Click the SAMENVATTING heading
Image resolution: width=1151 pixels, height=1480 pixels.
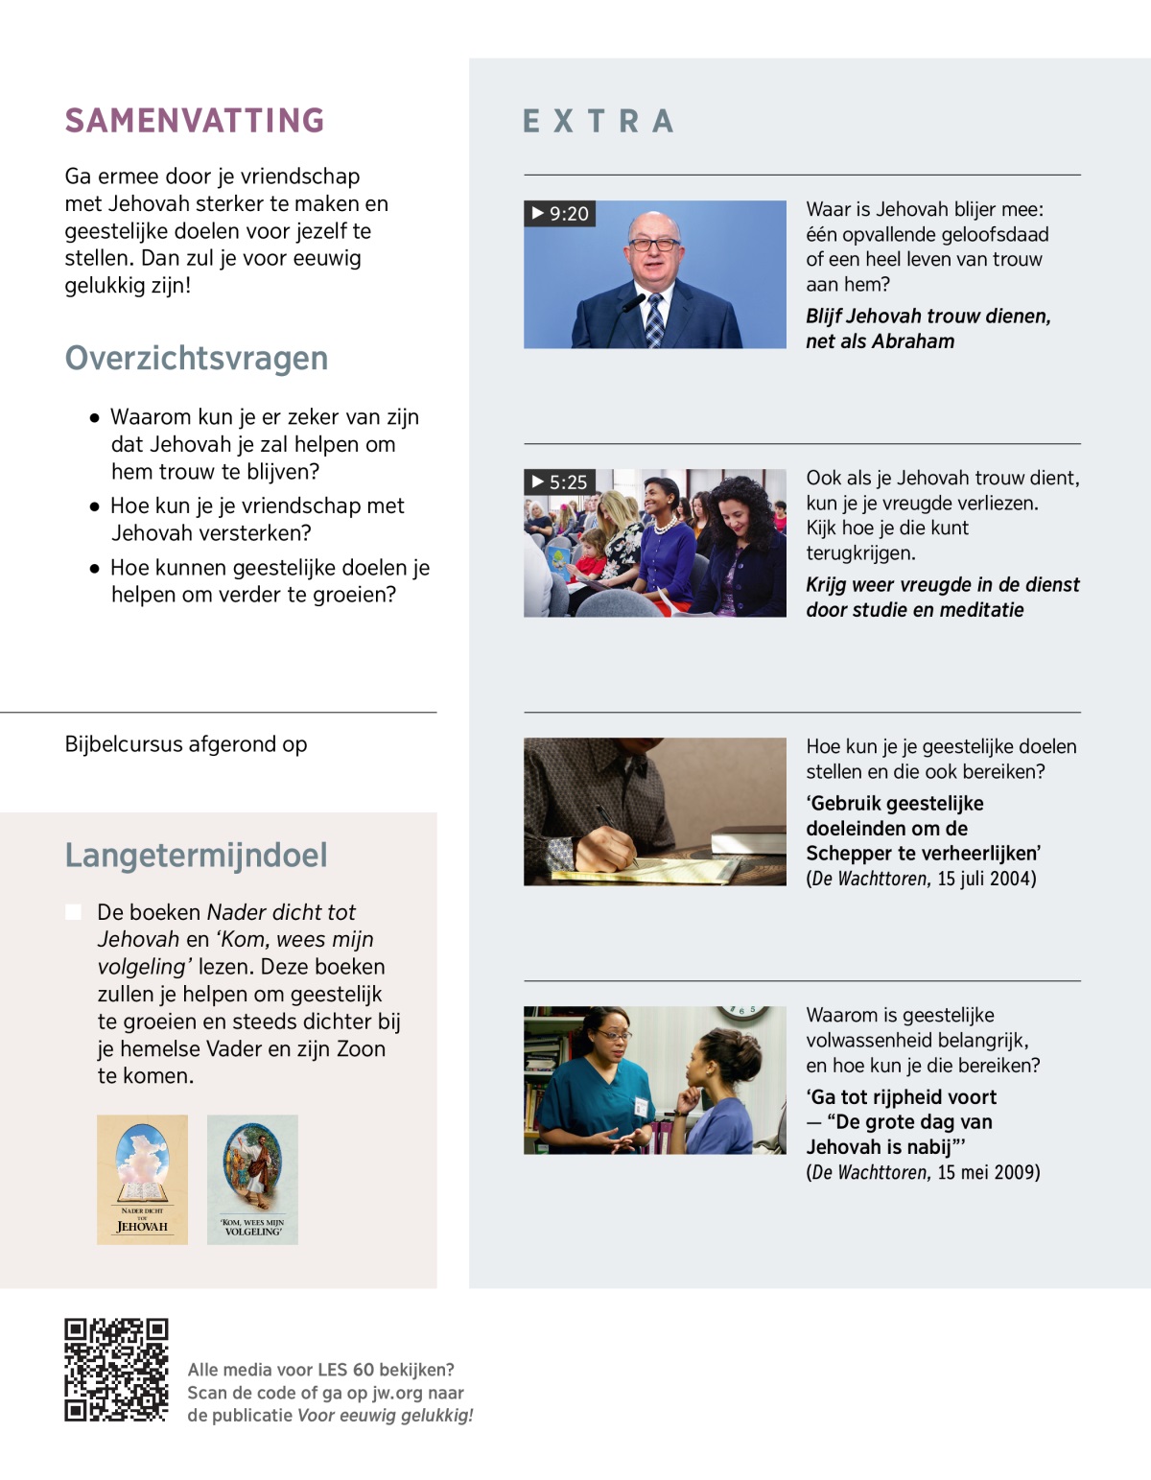[x=195, y=121]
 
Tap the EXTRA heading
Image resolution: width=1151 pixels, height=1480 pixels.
[x=599, y=122]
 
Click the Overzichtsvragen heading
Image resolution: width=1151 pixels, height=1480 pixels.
[x=197, y=358]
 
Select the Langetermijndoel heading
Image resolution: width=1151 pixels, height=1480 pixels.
[x=197, y=855]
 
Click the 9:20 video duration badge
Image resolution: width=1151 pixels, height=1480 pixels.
[x=560, y=213]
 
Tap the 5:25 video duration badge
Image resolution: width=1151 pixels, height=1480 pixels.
[x=560, y=482]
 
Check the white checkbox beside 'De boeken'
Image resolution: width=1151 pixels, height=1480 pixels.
[x=73, y=911]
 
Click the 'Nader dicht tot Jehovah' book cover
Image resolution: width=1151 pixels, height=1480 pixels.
[x=142, y=1179]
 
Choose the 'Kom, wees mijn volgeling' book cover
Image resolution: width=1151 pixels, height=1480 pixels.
[x=252, y=1179]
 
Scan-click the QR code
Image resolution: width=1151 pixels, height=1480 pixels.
[x=116, y=1369]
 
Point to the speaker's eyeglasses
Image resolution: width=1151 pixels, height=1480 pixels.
[x=654, y=244]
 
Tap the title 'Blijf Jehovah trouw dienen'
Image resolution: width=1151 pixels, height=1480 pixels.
[x=928, y=317]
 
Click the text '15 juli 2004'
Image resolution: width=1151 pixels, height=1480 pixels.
[x=986, y=879]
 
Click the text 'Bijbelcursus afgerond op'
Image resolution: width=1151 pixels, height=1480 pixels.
[x=186, y=744]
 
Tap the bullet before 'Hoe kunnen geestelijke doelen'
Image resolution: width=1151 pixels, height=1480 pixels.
[x=94, y=568]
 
